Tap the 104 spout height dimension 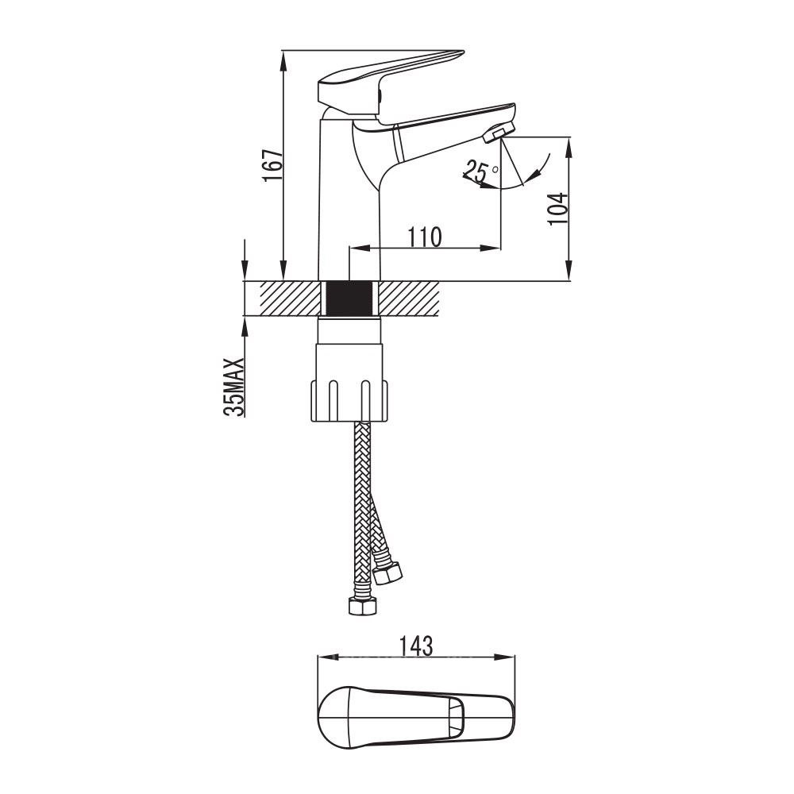[558, 209]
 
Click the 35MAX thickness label [234, 387]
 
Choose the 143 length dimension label [416, 646]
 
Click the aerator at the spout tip [499, 133]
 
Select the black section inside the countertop [349, 299]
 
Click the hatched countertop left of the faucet [290, 299]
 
